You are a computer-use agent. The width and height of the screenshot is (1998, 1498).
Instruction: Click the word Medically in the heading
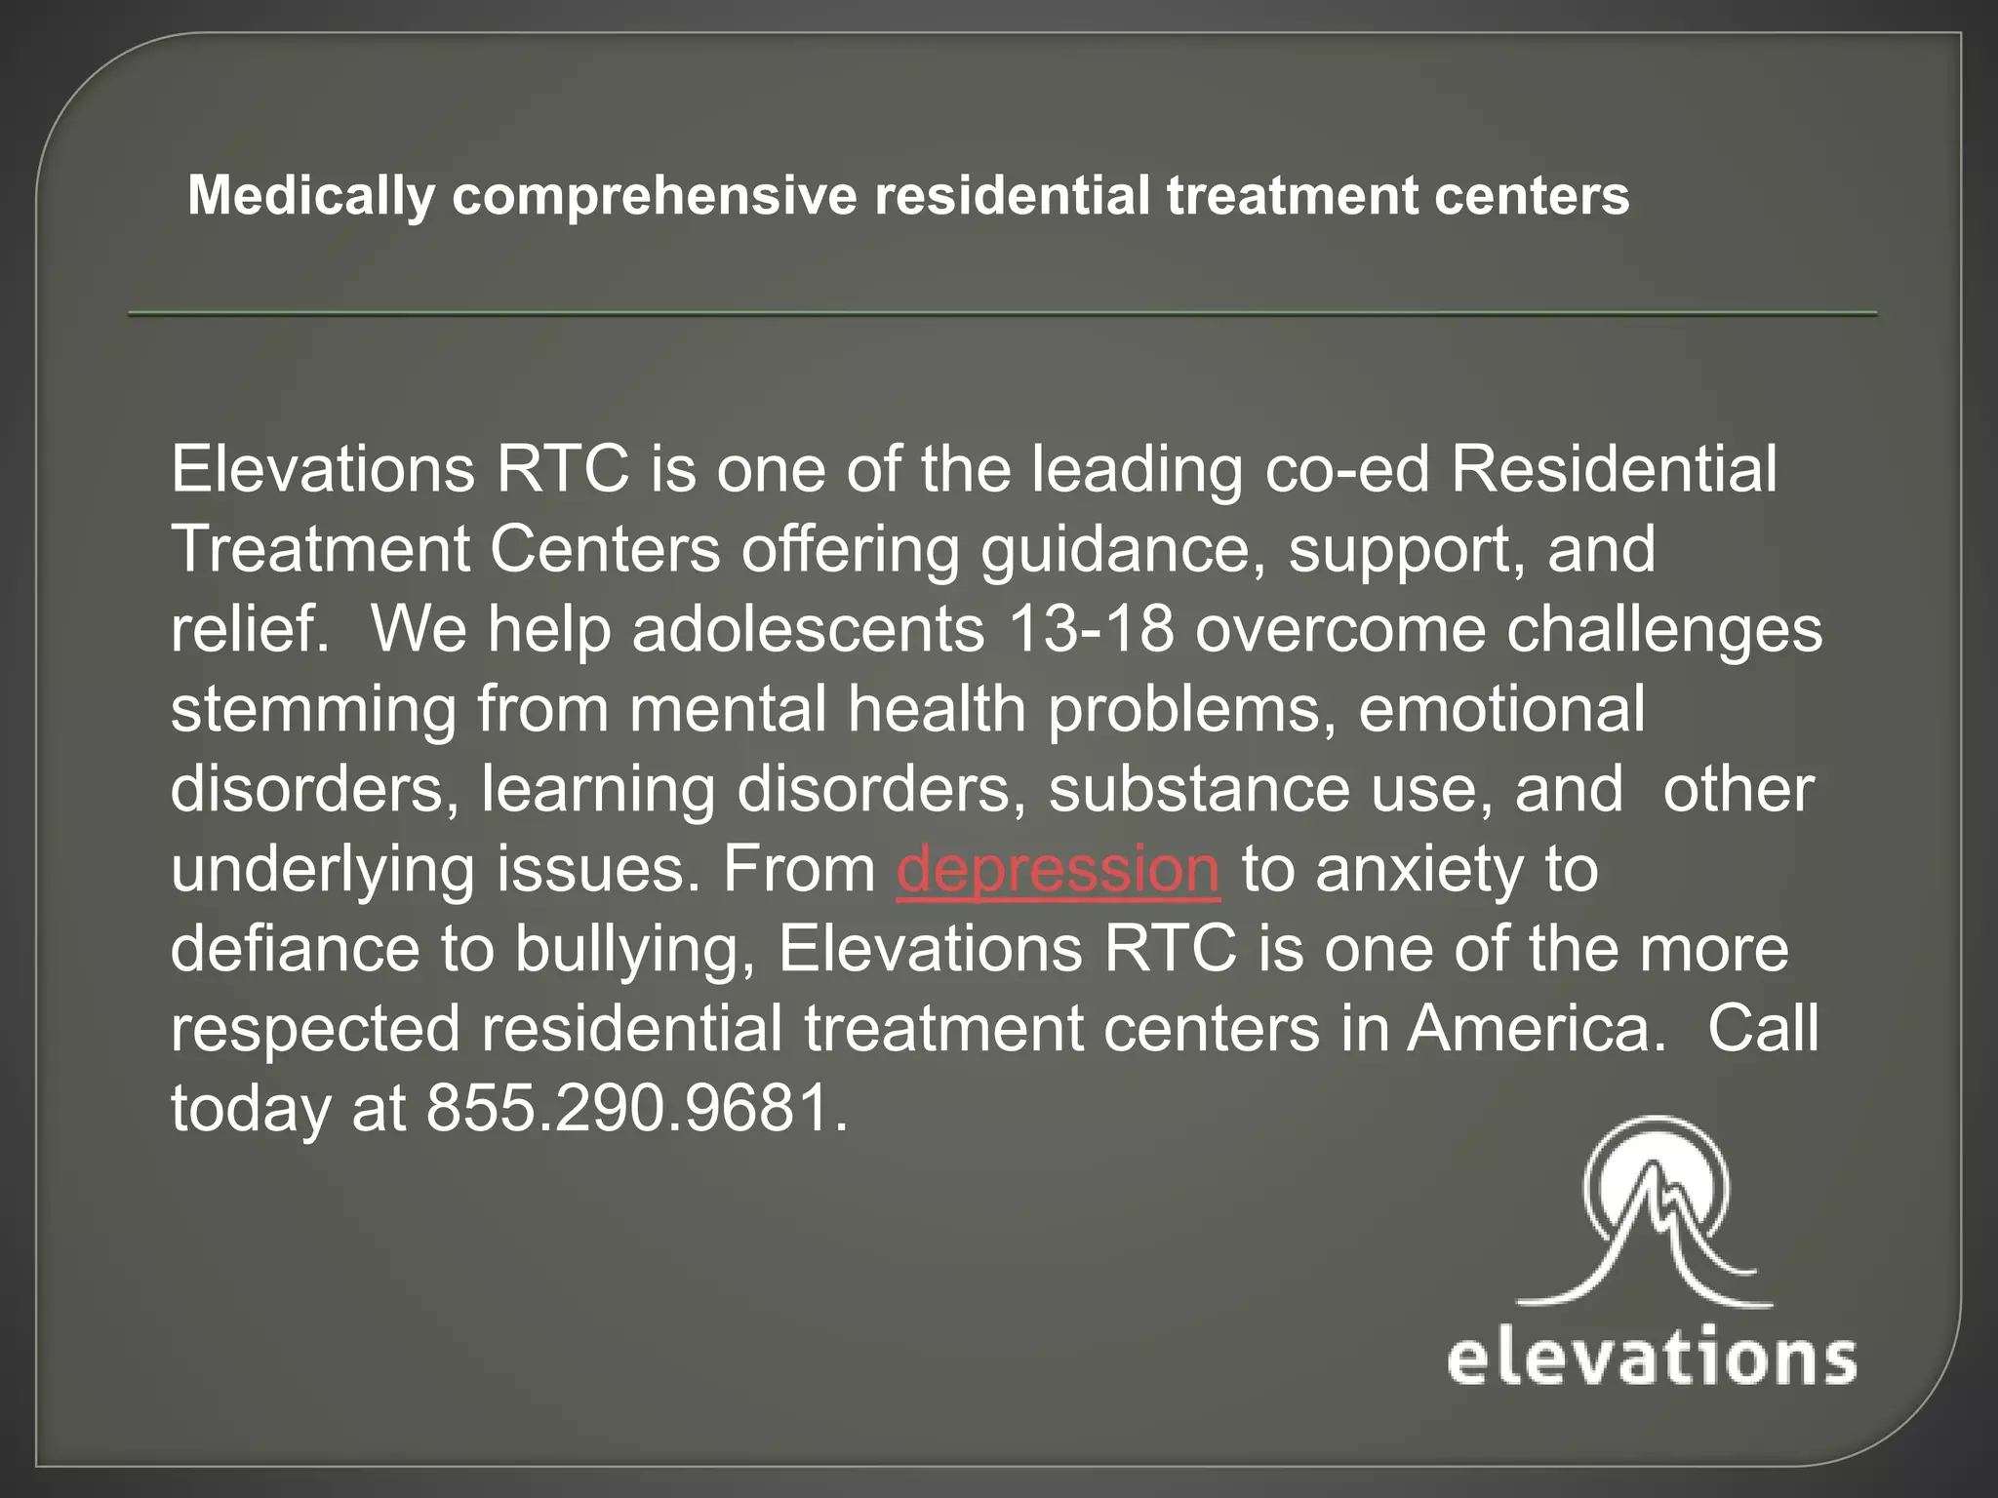tap(310, 196)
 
